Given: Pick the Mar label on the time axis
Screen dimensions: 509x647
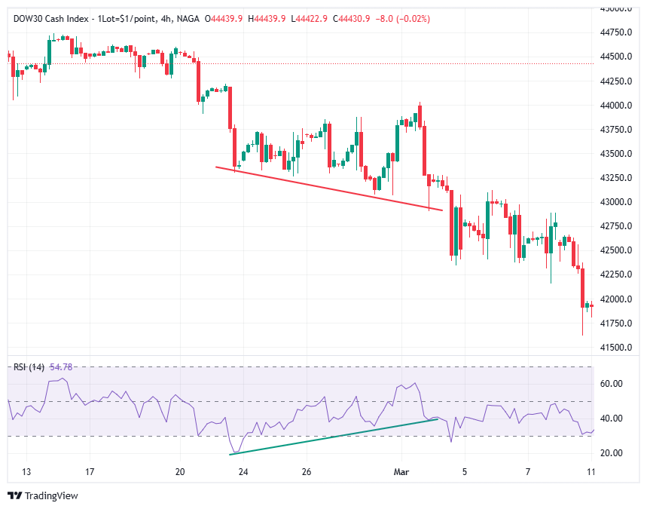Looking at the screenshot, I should (401, 472).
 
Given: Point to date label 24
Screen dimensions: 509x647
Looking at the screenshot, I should (243, 472).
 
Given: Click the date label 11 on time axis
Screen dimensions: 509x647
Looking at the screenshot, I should (591, 472).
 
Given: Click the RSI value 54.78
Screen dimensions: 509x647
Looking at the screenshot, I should (61, 366).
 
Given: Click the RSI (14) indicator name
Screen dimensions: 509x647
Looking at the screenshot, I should (29, 366).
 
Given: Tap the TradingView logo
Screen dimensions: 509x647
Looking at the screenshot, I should (43, 495).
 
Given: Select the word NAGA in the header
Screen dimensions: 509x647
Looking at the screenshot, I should (188, 18).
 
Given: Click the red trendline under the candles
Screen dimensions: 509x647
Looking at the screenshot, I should (328, 188).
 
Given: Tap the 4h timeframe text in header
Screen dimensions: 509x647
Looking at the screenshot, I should (164, 18).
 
